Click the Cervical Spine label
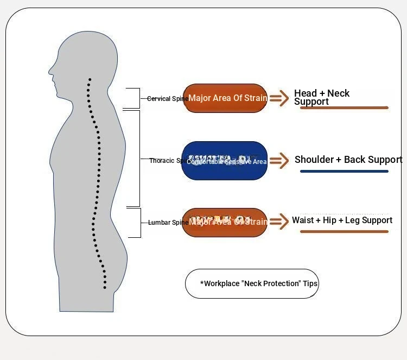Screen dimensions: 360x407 [168, 99]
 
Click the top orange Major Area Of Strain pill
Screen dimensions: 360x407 [225, 98]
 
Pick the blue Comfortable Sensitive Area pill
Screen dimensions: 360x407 [225, 161]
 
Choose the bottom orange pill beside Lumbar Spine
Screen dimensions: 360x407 [225, 222]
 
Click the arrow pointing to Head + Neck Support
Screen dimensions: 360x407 [279, 98]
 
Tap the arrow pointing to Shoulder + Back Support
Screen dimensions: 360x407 [279, 160]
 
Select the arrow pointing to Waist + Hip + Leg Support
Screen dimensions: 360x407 [279, 221]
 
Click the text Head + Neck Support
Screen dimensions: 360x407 [321, 97]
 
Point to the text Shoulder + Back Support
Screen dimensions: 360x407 [348, 160]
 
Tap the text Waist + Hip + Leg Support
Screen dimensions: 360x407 [342, 220]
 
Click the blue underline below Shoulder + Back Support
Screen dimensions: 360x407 [344, 172]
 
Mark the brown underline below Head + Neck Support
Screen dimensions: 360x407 [344, 108]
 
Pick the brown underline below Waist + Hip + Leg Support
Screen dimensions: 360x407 [344, 232]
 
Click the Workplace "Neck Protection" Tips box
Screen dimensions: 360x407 [252, 283]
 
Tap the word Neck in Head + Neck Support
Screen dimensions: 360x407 [339, 93]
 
